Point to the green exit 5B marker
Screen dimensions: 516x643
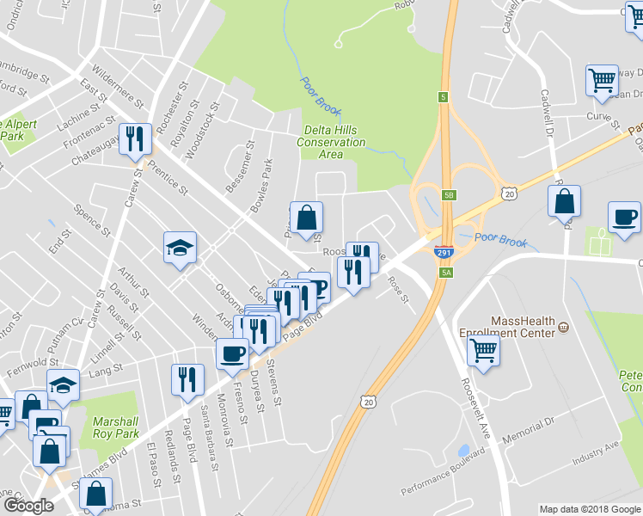(x=449, y=195)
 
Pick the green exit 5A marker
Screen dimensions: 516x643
(x=446, y=272)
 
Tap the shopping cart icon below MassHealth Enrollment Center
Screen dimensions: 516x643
(x=483, y=349)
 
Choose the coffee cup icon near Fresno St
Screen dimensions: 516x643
(x=231, y=353)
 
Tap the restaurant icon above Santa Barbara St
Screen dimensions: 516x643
(x=187, y=379)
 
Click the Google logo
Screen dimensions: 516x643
(x=28, y=506)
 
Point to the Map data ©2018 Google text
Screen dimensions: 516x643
(x=589, y=509)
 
